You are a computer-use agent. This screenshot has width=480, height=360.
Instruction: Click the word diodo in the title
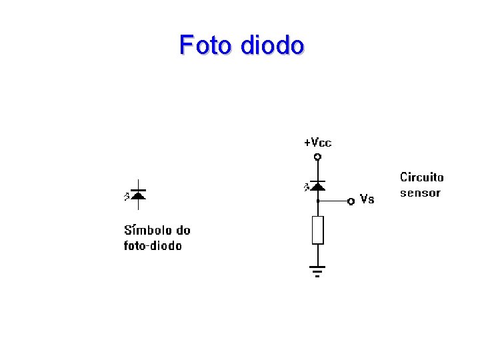[272, 45]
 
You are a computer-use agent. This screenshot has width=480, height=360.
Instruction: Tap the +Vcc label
[317, 143]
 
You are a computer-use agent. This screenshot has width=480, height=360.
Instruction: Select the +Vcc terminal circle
[317, 157]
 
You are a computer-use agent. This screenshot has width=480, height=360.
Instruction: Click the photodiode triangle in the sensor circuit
[317, 186]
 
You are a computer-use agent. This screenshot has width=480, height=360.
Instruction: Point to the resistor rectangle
[317, 230]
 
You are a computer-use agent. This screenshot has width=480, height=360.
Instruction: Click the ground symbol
[317, 271]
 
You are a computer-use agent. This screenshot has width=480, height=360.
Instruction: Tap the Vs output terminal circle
[351, 201]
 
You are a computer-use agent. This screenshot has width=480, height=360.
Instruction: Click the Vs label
[367, 199]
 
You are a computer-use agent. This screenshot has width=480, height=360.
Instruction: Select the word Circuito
[421, 177]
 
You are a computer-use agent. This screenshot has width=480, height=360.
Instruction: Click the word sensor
[420, 193]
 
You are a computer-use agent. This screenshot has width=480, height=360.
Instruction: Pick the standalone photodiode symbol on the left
[138, 195]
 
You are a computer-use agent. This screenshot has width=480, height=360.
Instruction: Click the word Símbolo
[148, 231]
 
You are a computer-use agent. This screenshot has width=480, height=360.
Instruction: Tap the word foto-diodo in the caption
[153, 246]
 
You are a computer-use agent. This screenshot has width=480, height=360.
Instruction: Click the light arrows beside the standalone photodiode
[126, 196]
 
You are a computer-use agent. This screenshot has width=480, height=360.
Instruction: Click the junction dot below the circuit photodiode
[317, 201]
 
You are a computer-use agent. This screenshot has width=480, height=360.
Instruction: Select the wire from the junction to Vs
[333, 201]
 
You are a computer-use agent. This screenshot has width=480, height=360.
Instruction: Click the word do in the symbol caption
[183, 231]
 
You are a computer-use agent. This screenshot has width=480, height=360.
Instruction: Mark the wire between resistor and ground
[317, 255]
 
